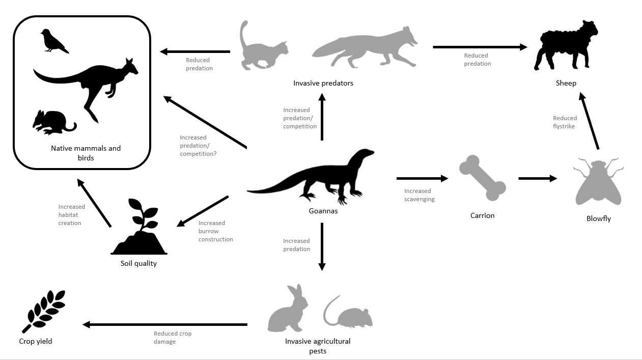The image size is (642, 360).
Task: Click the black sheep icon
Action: (565, 46)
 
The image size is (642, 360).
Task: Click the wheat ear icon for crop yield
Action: (43, 311)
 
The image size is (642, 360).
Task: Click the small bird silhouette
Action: (53, 41)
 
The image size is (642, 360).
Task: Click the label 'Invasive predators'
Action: (323, 83)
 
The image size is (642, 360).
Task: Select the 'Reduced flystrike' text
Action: (565, 122)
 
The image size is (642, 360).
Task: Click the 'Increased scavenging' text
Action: (419, 195)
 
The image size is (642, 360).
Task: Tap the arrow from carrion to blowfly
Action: (538, 178)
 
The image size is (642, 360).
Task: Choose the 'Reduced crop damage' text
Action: (173, 338)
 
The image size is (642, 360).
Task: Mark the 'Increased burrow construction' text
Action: (215, 231)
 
